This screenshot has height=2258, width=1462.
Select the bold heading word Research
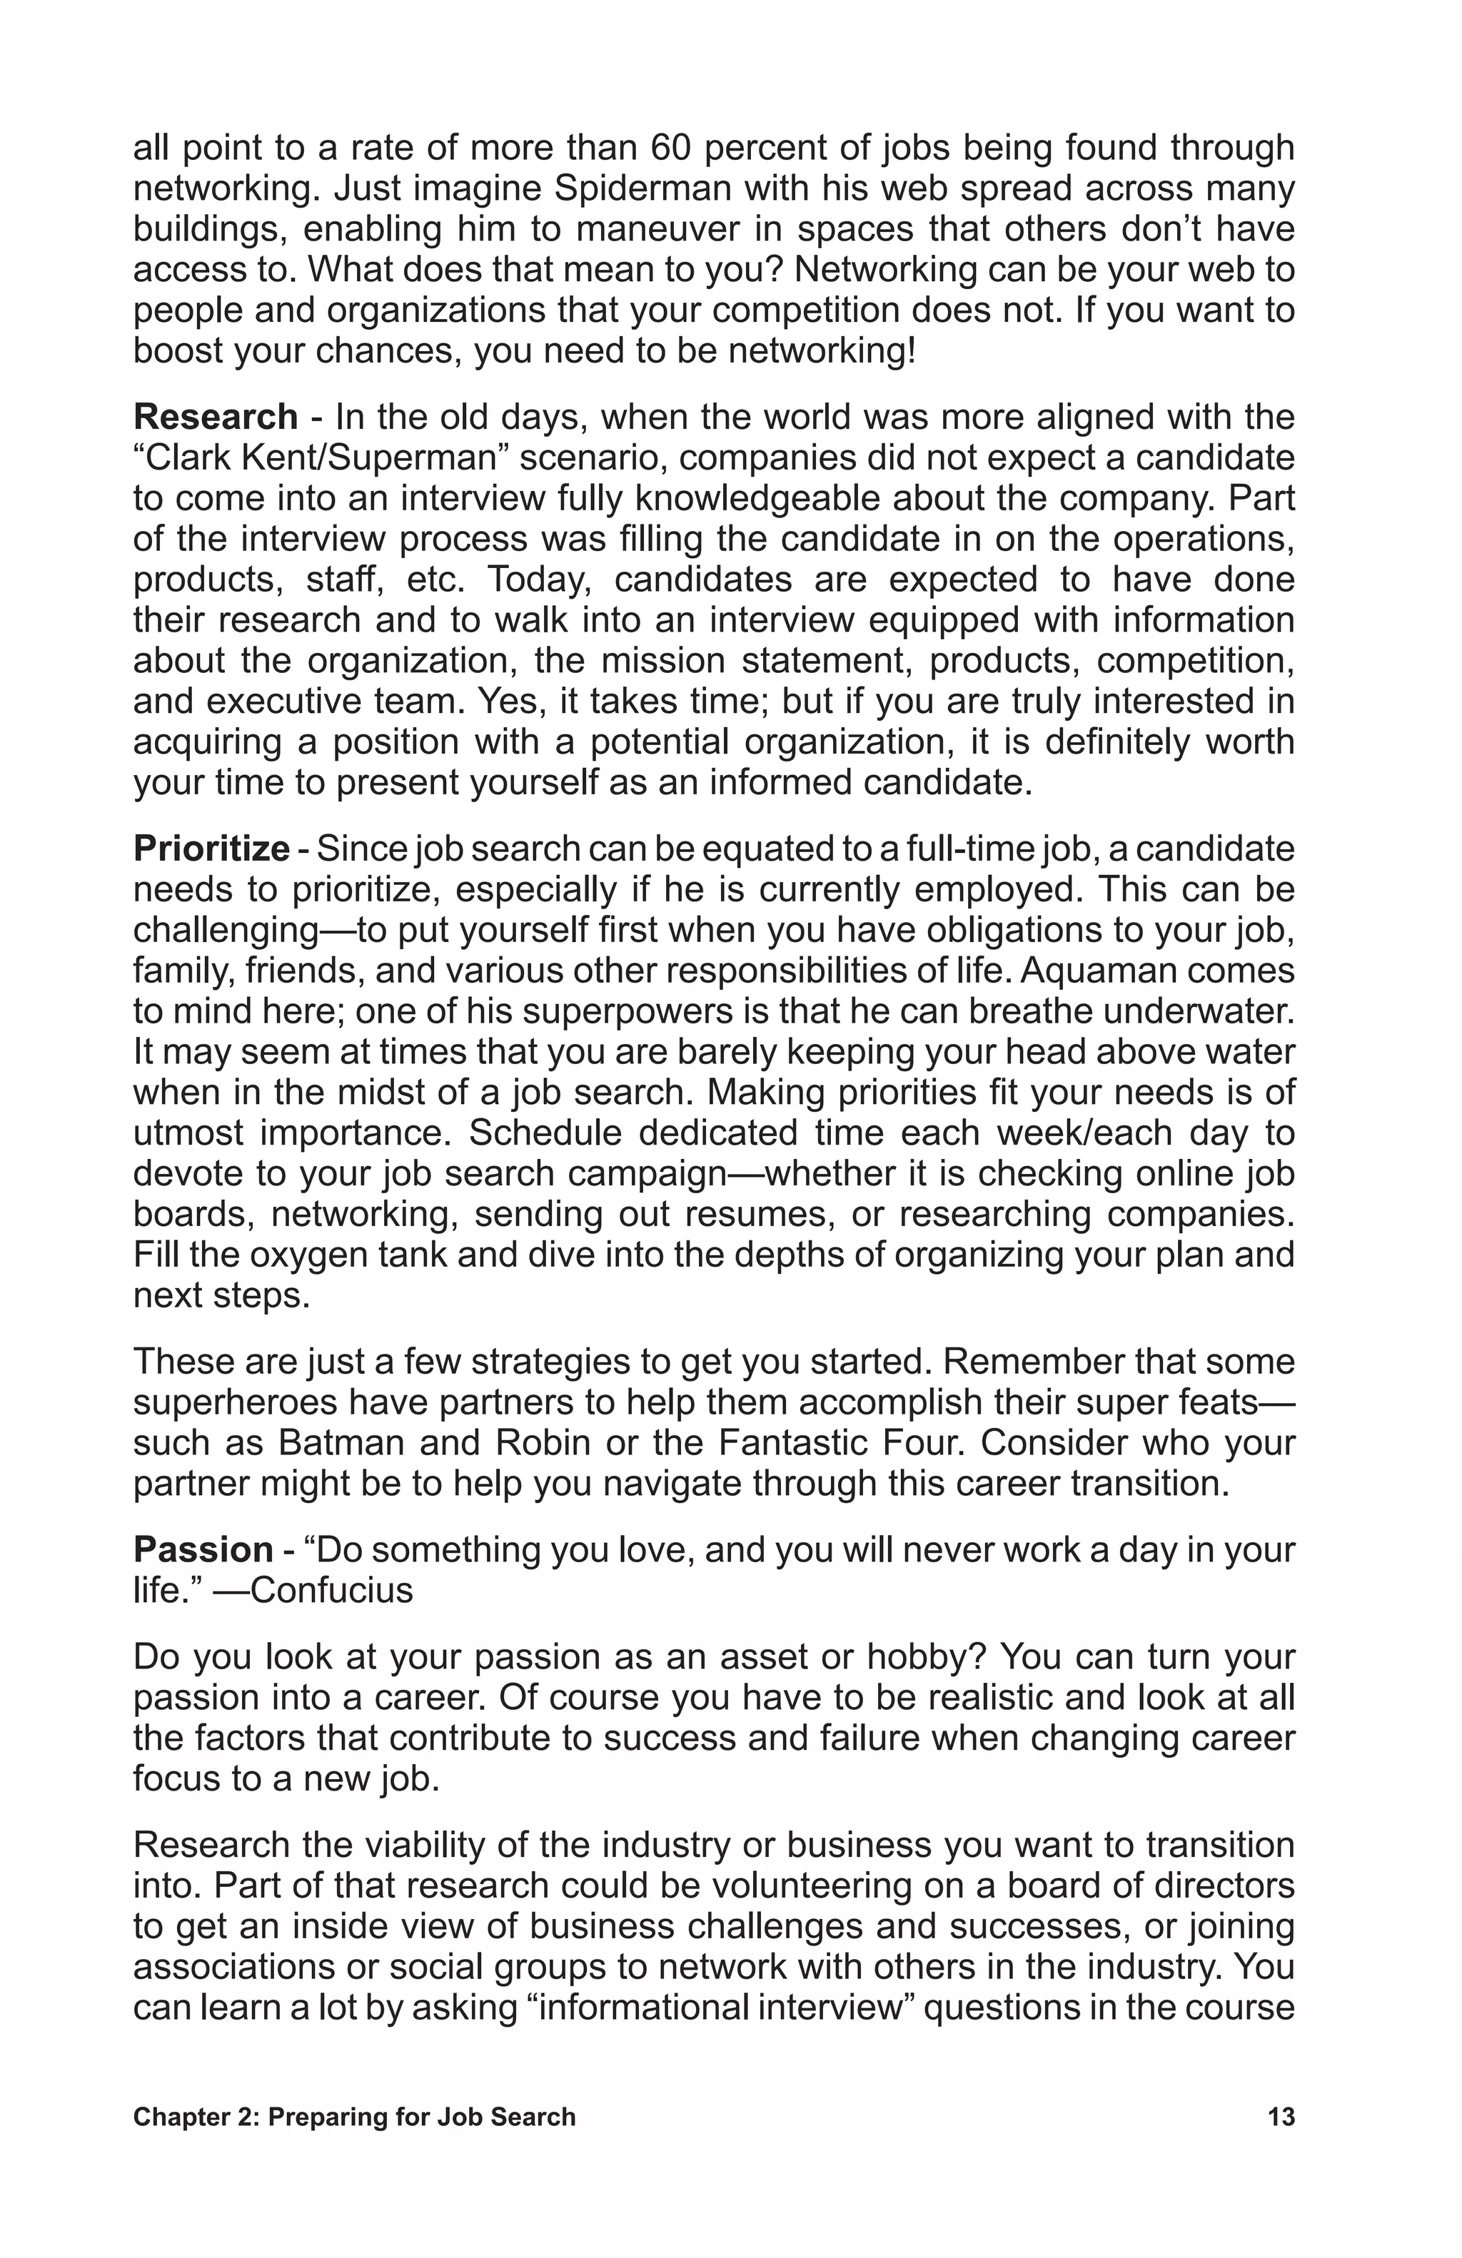coord(216,417)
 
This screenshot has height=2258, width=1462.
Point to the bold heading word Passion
coord(203,1549)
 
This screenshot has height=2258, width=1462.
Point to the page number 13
coord(1281,2136)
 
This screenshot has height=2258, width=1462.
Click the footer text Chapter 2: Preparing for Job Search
coord(354,2136)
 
